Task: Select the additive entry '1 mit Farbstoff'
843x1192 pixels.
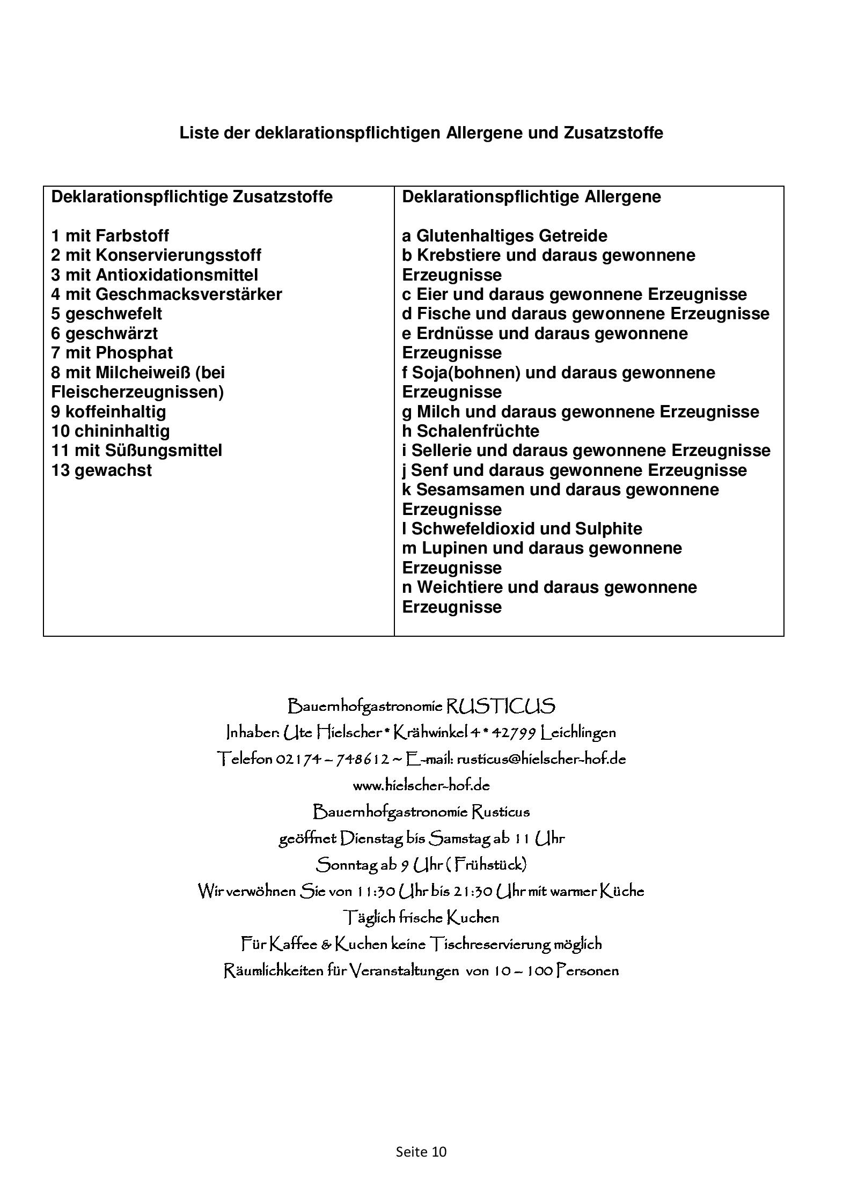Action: click(x=110, y=236)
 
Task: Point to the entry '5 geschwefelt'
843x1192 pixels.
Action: click(x=106, y=314)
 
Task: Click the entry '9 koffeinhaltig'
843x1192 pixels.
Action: click(x=108, y=411)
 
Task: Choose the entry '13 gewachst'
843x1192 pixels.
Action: click(x=101, y=470)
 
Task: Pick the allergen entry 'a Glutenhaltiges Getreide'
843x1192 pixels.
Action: click(x=504, y=236)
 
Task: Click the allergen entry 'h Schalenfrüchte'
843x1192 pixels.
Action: click(x=471, y=431)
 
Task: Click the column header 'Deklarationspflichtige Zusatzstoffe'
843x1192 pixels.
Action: click(x=192, y=197)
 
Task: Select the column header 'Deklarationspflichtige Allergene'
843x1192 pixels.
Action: click(x=531, y=197)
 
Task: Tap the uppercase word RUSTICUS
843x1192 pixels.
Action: click(x=500, y=706)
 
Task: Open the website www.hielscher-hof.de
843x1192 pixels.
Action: click(x=421, y=785)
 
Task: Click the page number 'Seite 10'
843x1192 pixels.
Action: click(x=421, y=1152)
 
